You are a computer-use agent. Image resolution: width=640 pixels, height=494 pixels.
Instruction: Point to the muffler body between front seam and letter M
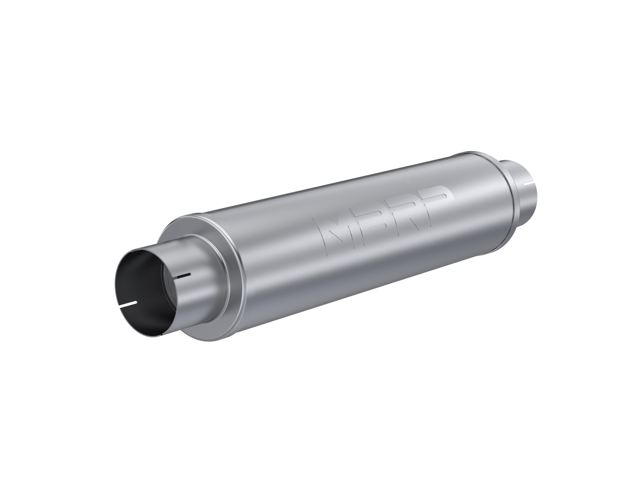(278, 263)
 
